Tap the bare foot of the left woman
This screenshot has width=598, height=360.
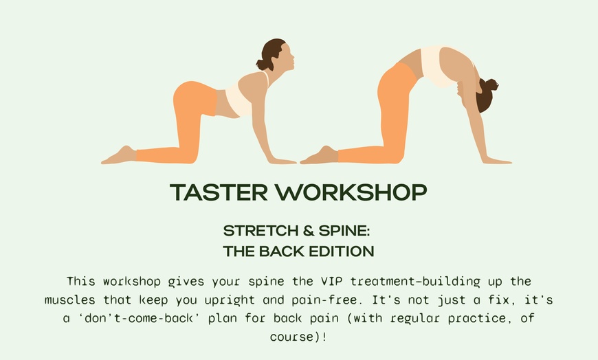[x=117, y=156]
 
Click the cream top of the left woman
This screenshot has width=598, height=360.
[x=239, y=100]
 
